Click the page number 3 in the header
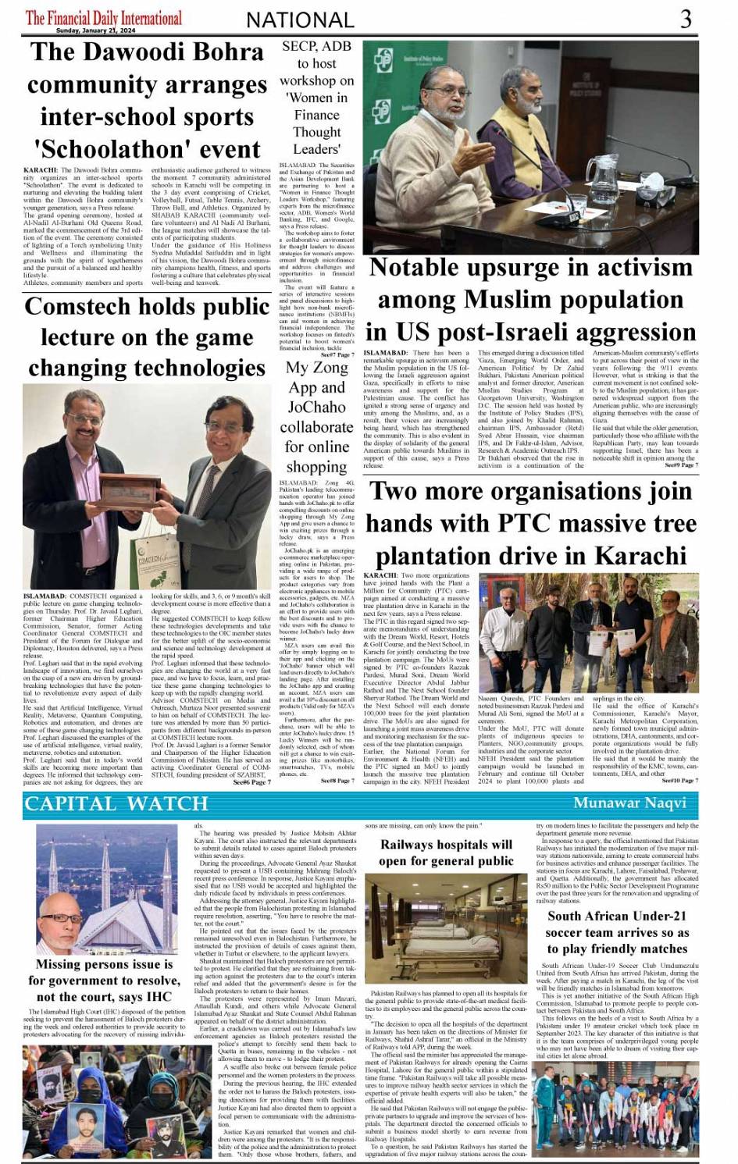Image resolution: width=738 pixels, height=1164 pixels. (686, 19)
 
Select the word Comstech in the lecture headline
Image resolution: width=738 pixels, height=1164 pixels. (82, 307)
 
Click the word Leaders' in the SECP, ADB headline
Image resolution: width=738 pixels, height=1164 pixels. (316, 148)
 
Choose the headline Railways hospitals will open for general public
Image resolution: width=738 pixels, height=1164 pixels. (446, 853)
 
